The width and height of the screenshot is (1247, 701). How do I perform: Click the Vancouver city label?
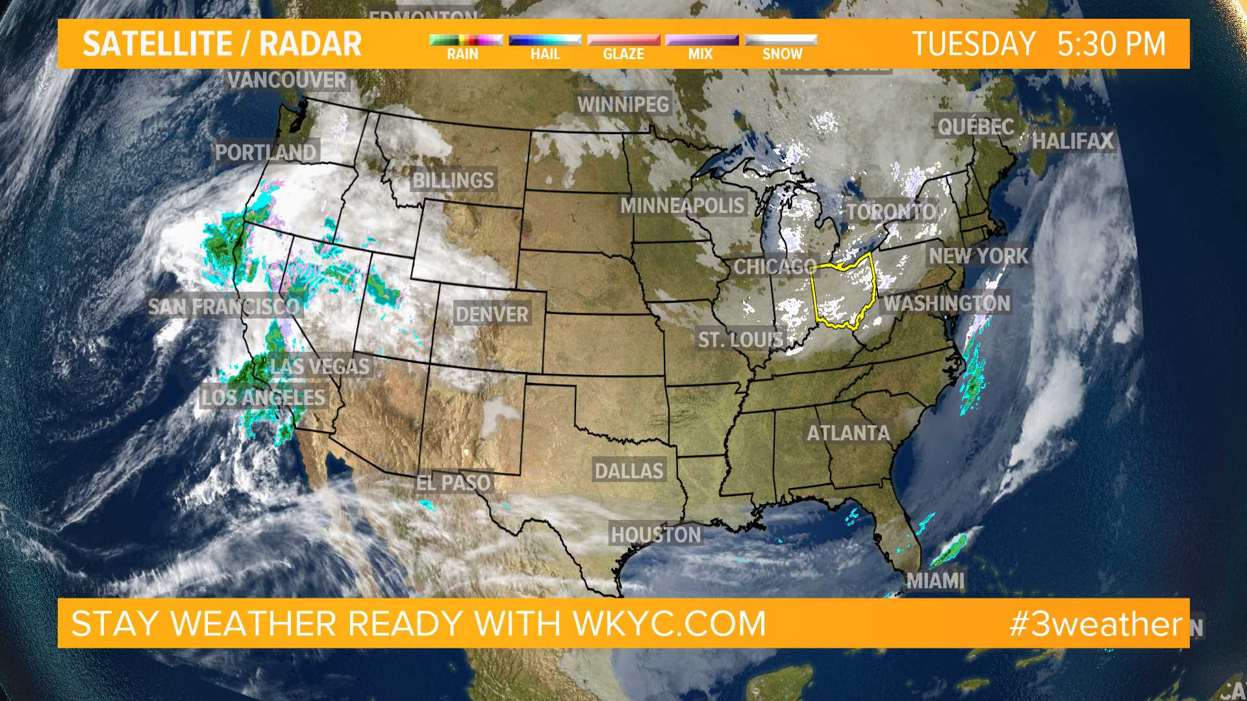(x=287, y=80)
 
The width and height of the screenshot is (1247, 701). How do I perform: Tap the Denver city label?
(x=492, y=315)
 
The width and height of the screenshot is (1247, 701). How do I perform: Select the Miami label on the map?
(x=935, y=580)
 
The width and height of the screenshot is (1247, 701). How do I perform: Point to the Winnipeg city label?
(x=623, y=105)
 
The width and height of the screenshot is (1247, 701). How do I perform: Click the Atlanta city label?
(x=848, y=433)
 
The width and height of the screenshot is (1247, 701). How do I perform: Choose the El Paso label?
(x=453, y=483)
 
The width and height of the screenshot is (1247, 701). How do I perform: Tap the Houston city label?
(x=656, y=535)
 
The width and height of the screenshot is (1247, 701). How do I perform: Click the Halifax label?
(x=1072, y=141)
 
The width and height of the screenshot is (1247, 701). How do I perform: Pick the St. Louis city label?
(x=740, y=339)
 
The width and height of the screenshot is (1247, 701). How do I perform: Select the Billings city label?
(x=453, y=180)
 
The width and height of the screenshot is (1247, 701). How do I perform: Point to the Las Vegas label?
(x=320, y=367)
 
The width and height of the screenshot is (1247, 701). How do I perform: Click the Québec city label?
(x=976, y=127)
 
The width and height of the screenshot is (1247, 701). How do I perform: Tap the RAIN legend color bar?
(x=466, y=40)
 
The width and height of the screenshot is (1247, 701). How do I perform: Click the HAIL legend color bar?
(x=545, y=40)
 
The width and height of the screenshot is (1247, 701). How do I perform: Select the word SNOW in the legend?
(x=782, y=55)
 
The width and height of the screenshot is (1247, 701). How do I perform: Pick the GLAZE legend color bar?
(x=623, y=40)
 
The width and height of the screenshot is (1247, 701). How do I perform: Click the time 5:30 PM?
(x=1111, y=44)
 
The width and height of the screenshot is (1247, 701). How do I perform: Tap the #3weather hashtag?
(x=1096, y=624)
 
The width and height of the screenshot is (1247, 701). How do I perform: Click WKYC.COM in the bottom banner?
(x=669, y=624)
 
